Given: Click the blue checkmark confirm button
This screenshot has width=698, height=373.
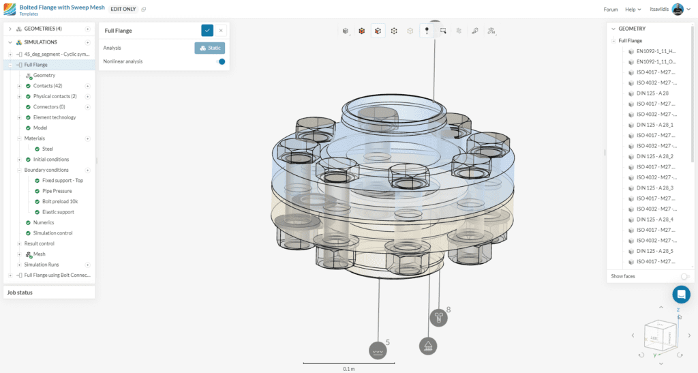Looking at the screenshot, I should click(207, 30).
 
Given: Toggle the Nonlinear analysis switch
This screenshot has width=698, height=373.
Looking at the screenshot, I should click(220, 61).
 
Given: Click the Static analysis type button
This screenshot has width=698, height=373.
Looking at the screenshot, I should click(210, 48).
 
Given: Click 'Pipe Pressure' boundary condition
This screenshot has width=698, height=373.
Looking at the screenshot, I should click(57, 191).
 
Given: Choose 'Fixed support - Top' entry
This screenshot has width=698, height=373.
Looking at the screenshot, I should click(62, 180).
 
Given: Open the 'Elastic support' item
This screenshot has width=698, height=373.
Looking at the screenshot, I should click(58, 212).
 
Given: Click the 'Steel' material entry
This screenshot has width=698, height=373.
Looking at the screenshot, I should click(48, 149).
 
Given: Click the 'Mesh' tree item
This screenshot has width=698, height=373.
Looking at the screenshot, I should click(39, 254).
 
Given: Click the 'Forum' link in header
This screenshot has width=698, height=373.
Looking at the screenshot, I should click(611, 10).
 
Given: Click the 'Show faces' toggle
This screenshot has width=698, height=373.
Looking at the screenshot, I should click(684, 276).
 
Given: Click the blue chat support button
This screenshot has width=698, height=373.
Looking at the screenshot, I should click(681, 295).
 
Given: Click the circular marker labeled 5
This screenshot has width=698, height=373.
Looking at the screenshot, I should click(378, 350).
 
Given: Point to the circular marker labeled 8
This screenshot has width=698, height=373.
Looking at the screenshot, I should click(438, 317).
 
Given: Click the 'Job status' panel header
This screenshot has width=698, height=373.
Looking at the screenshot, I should click(20, 293).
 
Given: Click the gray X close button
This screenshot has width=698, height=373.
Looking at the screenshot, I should click(221, 30).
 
